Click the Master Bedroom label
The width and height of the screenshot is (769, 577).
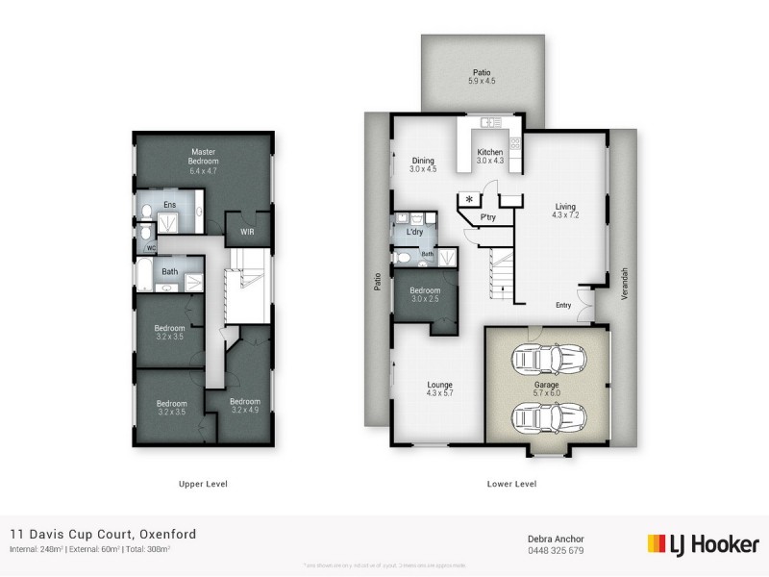pos(203,156)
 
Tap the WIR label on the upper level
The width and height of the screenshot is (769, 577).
pos(246,231)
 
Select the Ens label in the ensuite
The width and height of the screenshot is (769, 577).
pos(169,204)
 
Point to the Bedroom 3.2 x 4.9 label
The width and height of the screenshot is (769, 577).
pos(245,405)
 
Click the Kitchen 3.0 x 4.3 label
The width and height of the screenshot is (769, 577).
pos(490,156)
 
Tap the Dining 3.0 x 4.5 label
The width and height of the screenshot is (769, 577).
pos(423,164)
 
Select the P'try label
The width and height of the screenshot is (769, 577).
pos(488,217)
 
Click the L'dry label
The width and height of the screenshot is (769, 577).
pos(415,233)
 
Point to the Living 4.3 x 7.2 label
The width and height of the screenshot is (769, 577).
pos(565,211)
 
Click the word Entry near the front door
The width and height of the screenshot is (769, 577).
pos(563,306)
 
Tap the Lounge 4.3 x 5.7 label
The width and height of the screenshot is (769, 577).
pos(438,389)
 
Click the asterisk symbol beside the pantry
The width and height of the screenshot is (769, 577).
pos(469,199)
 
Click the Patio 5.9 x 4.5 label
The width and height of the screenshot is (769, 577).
pos(481,76)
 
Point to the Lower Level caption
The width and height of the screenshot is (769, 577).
pos(511,484)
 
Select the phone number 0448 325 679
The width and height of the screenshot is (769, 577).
pos(556,551)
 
